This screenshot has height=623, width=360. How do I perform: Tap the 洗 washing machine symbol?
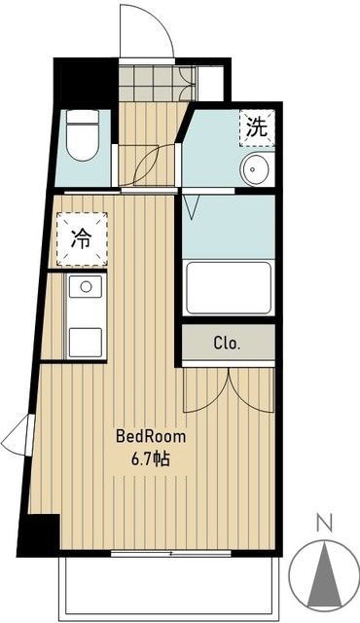point(257,126)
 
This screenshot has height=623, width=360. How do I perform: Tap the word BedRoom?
point(150,436)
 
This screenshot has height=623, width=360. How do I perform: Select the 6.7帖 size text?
point(150,458)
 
